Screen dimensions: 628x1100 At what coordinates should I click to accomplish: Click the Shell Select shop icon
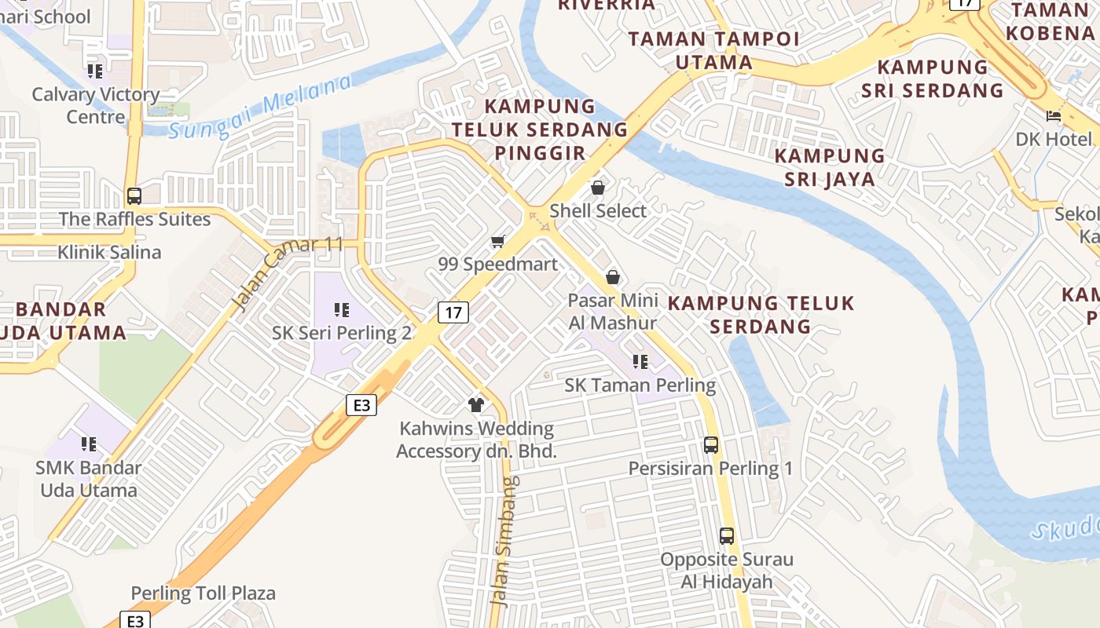(598, 188)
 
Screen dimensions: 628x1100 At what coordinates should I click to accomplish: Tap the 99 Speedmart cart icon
(497, 241)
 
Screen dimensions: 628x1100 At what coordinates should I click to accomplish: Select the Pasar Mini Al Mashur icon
(613, 277)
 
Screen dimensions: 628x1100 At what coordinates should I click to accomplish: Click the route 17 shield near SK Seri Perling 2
(453, 312)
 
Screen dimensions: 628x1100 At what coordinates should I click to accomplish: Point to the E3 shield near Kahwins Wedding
(361, 405)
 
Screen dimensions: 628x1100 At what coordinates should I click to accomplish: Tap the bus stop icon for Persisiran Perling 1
(711, 445)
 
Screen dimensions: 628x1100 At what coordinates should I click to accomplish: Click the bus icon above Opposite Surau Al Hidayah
(727, 536)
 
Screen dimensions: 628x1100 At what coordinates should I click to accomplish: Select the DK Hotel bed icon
(1054, 116)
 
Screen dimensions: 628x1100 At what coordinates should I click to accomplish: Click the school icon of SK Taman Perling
(640, 362)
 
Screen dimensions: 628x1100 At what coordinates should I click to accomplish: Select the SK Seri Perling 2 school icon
(341, 310)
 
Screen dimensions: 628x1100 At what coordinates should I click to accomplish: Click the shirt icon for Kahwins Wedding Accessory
(476, 405)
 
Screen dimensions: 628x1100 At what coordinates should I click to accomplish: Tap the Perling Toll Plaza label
(203, 593)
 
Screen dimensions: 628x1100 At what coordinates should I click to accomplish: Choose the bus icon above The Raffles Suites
(134, 195)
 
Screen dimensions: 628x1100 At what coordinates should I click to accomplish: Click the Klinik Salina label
(109, 252)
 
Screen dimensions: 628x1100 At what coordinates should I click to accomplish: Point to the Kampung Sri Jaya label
(830, 166)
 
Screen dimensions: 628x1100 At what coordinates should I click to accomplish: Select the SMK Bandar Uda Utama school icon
(89, 444)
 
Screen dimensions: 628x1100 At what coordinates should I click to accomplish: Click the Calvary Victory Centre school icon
(95, 71)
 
